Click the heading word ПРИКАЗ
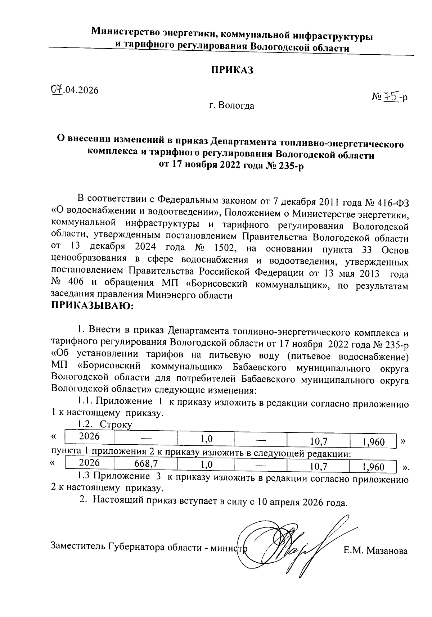tap(232, 70)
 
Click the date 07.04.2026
tap(75, 90)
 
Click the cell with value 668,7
tap(145, 464)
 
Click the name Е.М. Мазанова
tap(375, 551)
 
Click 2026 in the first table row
tap(89, 436)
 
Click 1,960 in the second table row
tap(373, 467)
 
